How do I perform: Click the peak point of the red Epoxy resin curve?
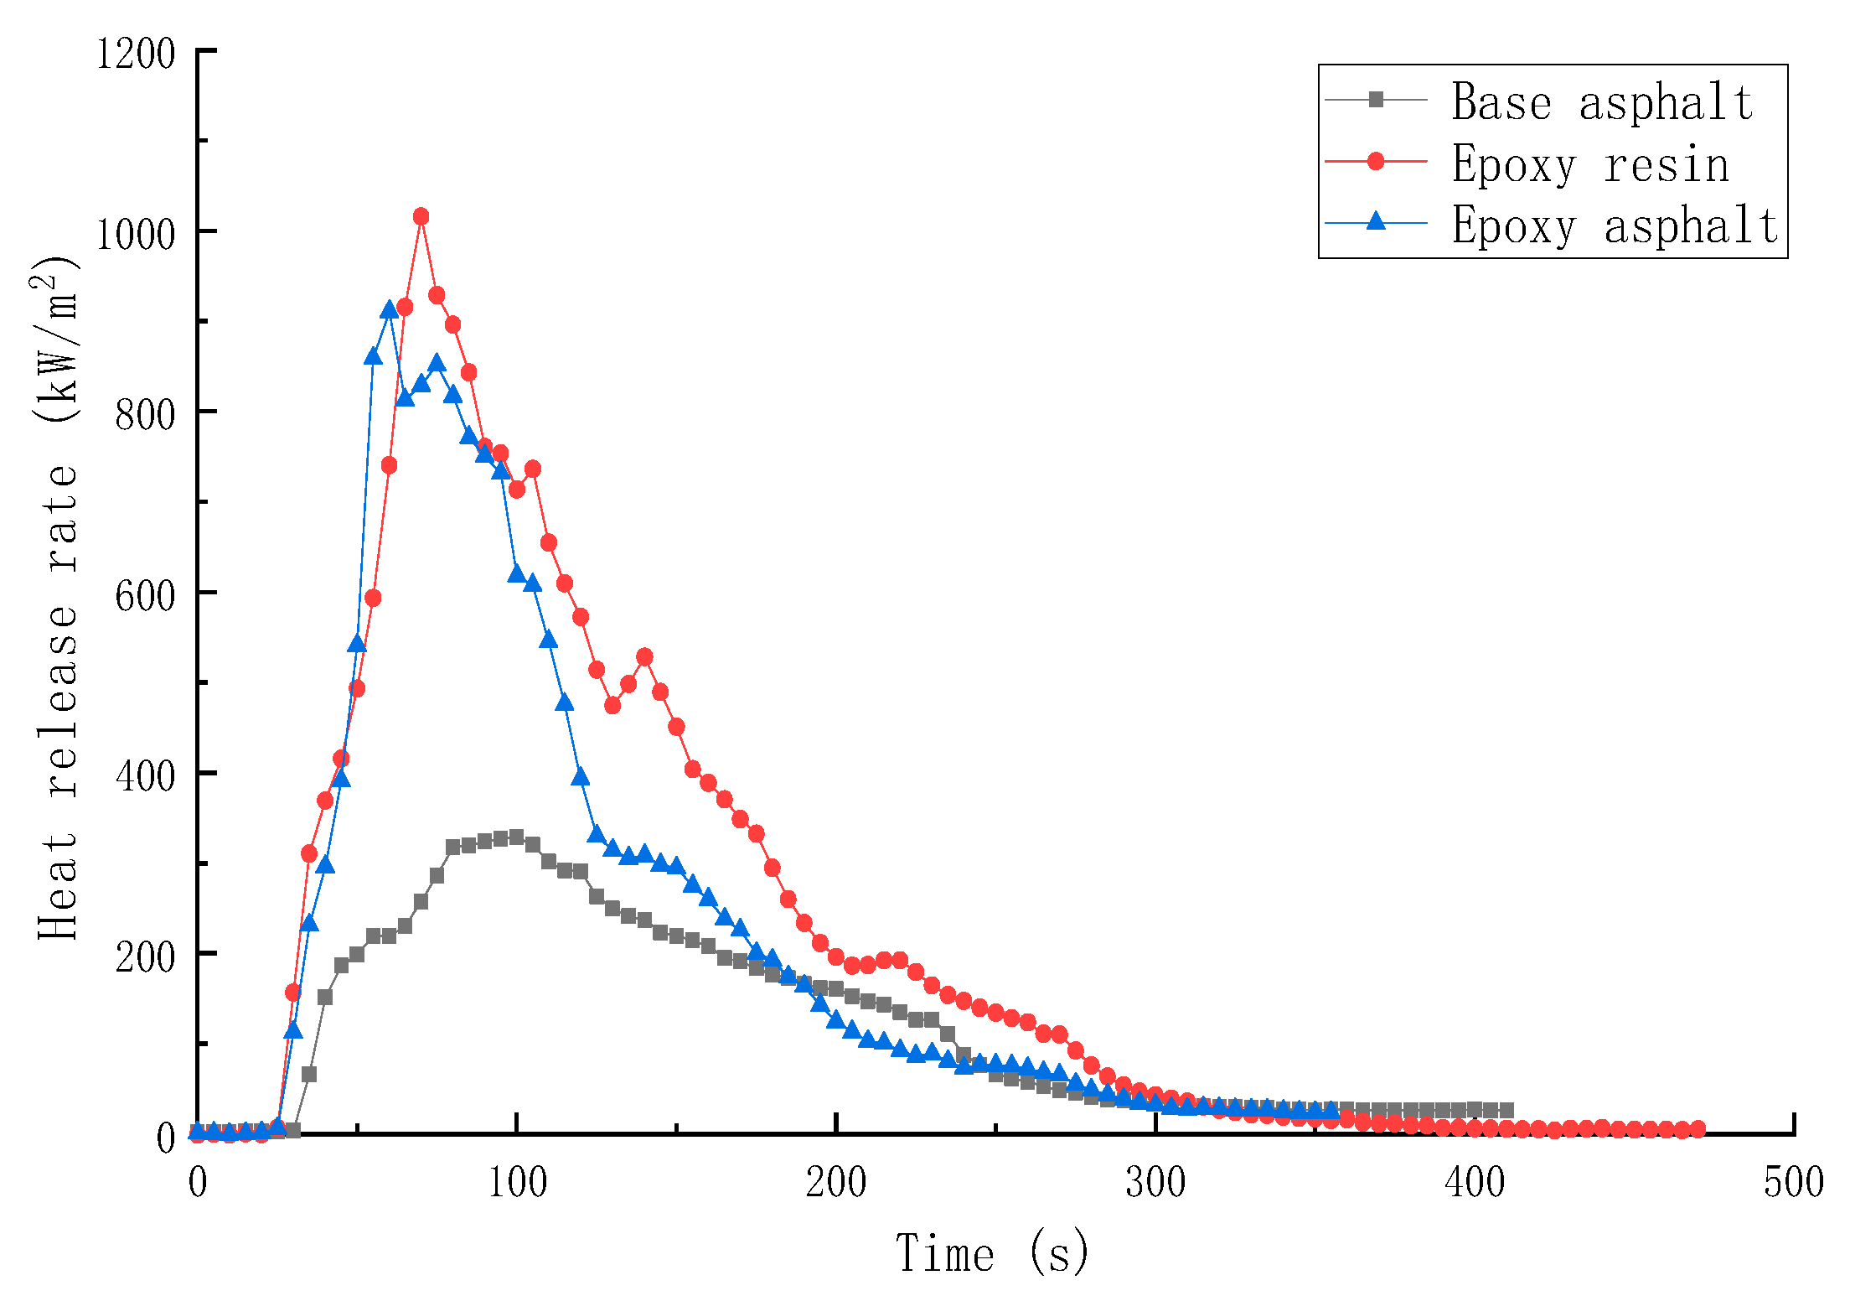point(421,217)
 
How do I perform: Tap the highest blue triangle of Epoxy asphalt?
point(389,310)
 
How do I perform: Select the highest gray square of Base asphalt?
point(516,837)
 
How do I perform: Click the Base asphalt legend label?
point(1602,102)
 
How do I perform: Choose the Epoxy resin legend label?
point(1590,164)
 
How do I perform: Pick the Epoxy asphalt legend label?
point(1615,226)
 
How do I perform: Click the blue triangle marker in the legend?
point(1376,221)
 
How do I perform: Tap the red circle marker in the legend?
point(1376,161)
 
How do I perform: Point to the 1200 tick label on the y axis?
point(136,54)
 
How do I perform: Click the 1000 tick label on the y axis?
point(136,234)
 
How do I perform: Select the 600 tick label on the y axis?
point(145,595)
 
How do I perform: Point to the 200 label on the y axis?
point(145,956)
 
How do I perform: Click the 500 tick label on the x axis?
point(1793,1183)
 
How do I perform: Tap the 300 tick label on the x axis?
point(1155,1183)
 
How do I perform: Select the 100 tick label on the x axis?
point(517,1183)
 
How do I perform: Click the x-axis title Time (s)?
point(993,1254)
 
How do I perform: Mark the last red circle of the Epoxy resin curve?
point(1698,1129)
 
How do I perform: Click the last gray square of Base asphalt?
point(1506,1110)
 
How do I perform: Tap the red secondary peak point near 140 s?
point(644,656)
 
